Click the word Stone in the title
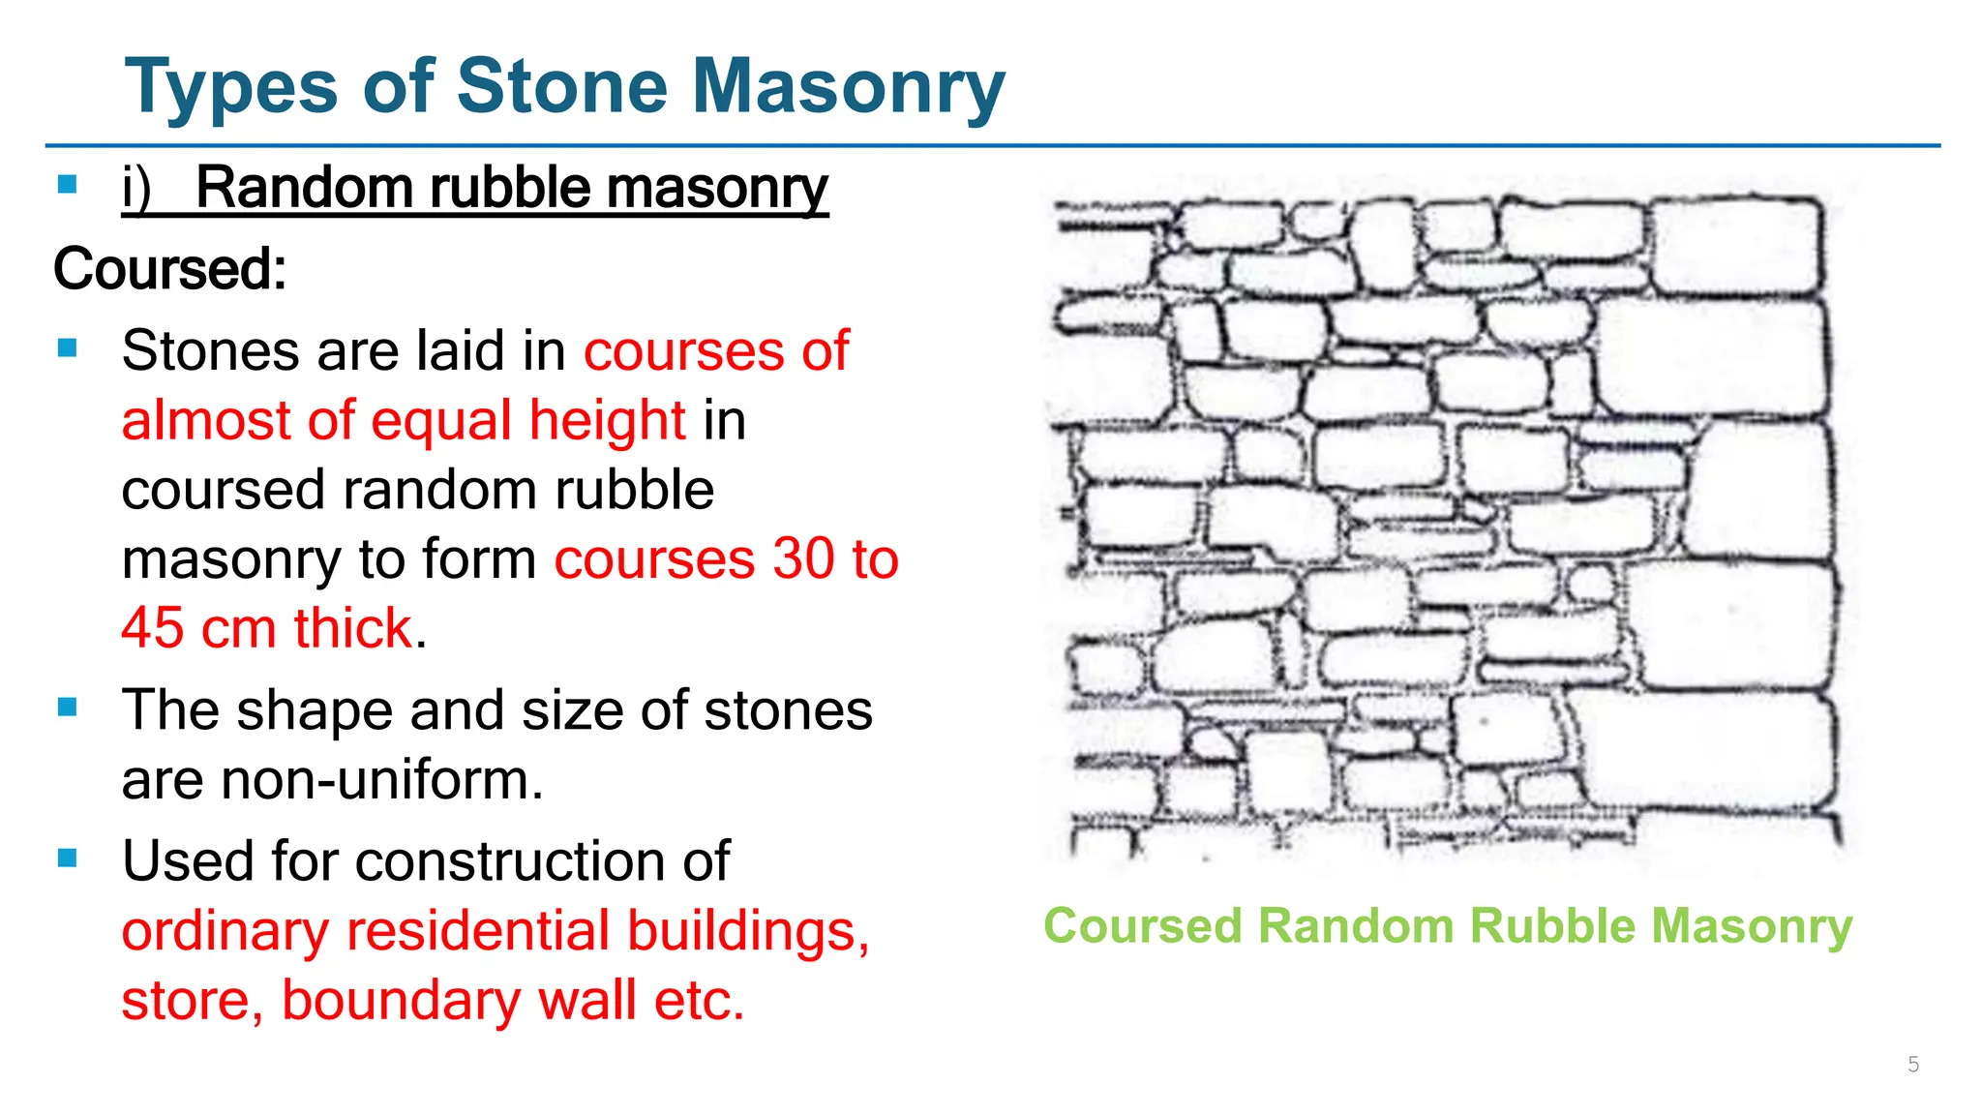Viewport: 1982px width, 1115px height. (561, 87)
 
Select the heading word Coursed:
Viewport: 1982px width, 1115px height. (169, 268)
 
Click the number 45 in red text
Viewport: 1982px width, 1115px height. (152, 628)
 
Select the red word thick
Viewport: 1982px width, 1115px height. (353, 628)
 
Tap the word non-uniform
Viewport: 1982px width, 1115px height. (382, 779)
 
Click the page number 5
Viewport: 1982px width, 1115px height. (1912, 1065)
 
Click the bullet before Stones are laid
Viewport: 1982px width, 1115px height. (68, 348)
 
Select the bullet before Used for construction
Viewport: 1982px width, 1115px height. (68, 859)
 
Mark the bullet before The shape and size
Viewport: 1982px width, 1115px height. (68, 708)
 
